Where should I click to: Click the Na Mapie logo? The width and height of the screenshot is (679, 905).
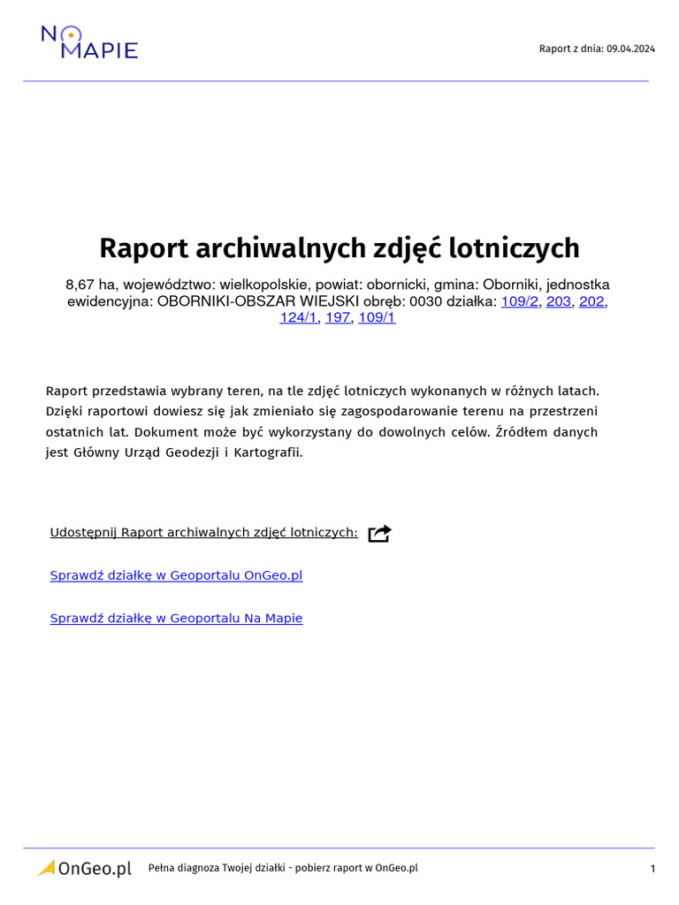pos(89,42)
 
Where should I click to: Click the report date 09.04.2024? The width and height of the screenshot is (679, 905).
pos(630,49)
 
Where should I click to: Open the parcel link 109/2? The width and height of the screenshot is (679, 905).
pos(519,301)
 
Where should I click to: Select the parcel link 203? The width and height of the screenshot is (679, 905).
pos(559,301)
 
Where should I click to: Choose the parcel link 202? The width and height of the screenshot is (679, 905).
pos(591,301)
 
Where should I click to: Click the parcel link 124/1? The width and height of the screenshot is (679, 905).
pos(298,318)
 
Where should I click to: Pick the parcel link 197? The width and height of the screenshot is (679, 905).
pos(338,318)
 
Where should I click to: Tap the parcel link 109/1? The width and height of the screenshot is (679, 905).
pos(377,318)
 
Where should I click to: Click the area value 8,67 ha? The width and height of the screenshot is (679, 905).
pos(90,285)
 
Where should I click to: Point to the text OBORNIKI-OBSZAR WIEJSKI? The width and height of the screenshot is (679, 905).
pos(257,301)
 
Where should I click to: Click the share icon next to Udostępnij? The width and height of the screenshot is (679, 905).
pos(379,533)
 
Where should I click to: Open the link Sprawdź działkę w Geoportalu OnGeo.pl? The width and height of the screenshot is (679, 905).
pos(176,575)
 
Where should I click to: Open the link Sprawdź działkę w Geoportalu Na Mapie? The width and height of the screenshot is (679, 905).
pos(176,619)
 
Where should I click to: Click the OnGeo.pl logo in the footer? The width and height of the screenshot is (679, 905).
pos(85,869)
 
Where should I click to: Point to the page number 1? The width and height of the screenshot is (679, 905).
pos(652,869)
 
